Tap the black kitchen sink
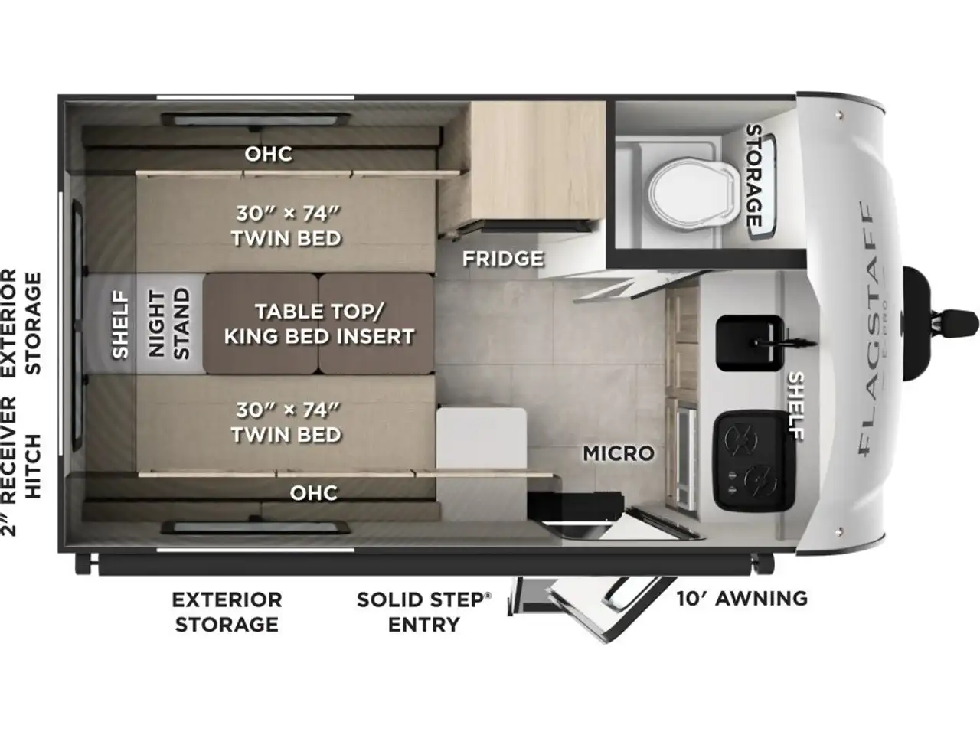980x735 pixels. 750,343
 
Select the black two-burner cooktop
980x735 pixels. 754,462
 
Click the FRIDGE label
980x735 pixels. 503,258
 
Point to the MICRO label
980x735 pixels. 619,453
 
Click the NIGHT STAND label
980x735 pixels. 169,324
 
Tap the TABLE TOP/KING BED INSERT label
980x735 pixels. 319,324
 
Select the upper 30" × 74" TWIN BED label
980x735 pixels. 286,226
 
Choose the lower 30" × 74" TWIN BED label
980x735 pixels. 286,422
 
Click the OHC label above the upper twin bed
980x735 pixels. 268,155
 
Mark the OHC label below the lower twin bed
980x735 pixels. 314,493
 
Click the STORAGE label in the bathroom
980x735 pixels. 754,175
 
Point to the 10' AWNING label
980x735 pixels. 742,599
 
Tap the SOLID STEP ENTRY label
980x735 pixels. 424,612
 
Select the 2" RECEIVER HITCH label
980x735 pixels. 21,466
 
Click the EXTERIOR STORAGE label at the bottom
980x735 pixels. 227,612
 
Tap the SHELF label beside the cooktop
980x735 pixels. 796,406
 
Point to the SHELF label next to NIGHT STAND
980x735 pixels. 120,325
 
